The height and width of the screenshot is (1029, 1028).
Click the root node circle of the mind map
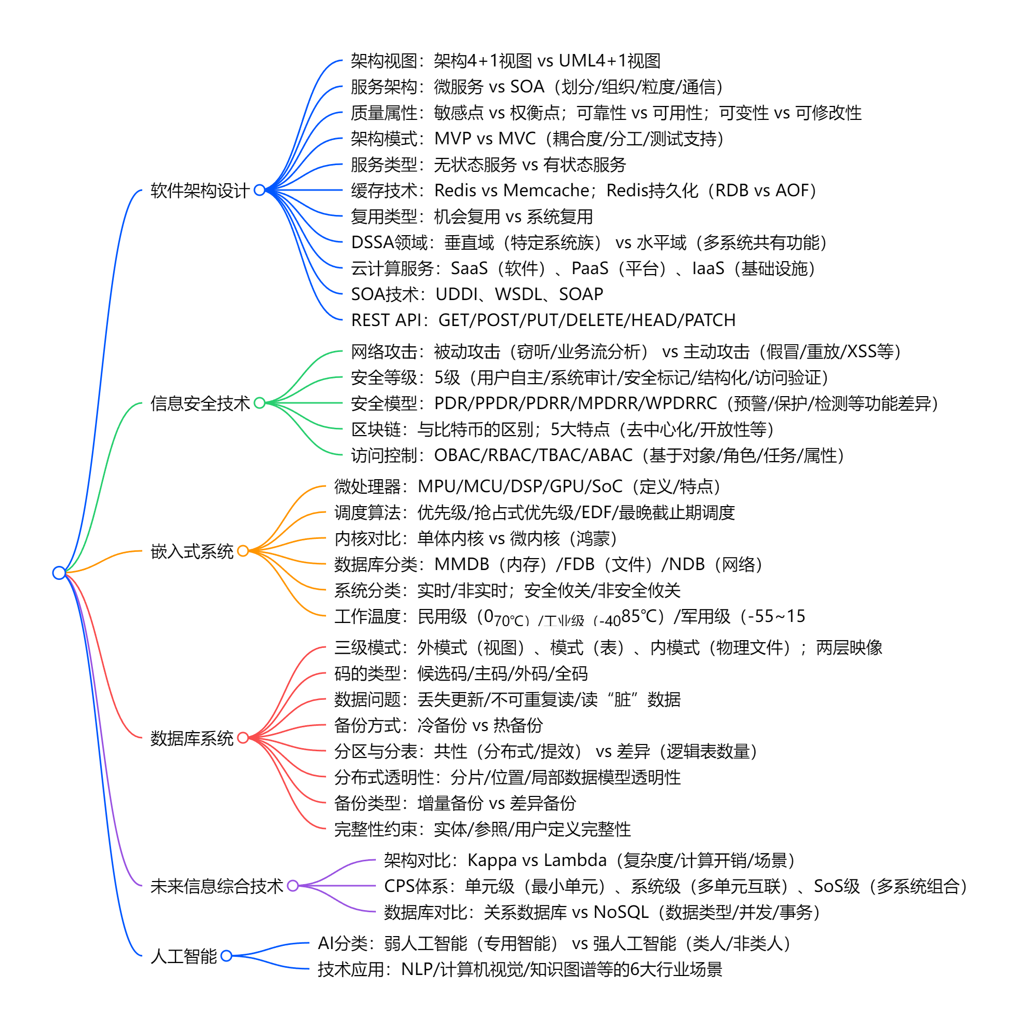(x=59, y=573)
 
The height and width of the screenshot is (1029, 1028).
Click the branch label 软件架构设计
(x=200, y=191)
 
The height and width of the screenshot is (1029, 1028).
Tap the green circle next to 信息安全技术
(x=260, y=403)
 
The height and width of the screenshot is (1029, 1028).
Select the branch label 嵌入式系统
(x=192, y=551)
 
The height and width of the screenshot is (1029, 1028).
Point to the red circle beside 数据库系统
(x=243, y=738)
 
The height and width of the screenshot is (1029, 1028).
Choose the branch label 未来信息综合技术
(x=217, y=886)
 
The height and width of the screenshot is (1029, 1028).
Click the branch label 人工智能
(x=183, y=956)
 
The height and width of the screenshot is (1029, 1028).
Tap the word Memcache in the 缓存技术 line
(x=546, y=191)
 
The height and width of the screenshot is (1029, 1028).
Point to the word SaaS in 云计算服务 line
(x=469, y=268)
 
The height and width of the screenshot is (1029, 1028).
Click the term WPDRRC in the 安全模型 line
(x=681, y=403)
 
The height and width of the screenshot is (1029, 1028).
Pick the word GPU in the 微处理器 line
(x=566, y=486)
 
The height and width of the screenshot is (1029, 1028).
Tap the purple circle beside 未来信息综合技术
(x=292, y=886)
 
